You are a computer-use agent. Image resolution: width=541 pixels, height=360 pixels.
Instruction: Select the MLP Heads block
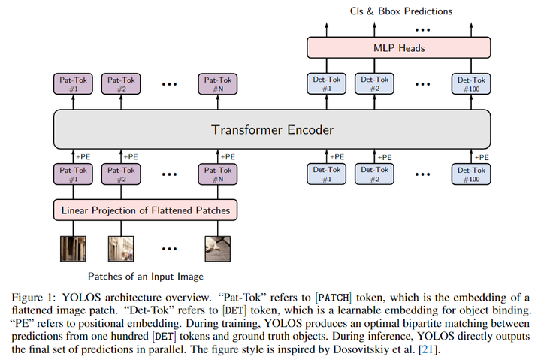coord(399,48)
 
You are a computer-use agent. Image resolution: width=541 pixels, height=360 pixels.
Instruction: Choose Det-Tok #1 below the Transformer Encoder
coord(326,175)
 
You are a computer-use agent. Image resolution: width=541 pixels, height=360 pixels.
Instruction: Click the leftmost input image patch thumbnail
coord(74,247)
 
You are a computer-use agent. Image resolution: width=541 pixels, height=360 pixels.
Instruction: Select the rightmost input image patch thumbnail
coord(217,247)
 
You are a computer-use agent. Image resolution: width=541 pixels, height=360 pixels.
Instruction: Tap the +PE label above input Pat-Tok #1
coord(82,156)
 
